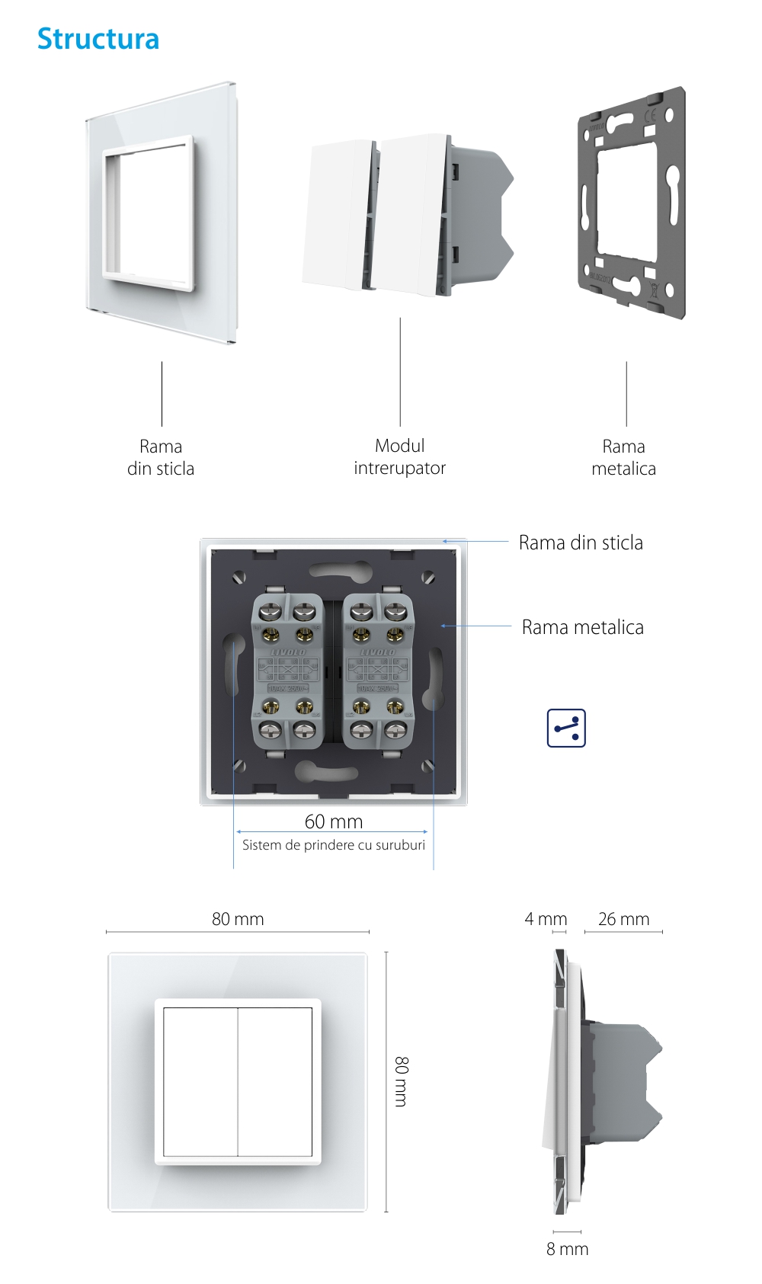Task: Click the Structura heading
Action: point(98,39)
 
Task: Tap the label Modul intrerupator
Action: point(399,456)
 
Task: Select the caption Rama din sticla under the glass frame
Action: point(161,457)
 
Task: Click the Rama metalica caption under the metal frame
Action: point(623,457)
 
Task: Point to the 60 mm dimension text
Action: point(334,821)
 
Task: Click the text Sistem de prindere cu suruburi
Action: point(334,845)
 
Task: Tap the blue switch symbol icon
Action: point(566,728)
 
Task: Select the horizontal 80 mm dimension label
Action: point(238,919)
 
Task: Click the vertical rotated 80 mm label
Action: point(402,1081)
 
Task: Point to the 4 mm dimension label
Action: point(546,919)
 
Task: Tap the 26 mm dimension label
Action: point(623,919)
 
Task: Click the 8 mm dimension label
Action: point(567,1249)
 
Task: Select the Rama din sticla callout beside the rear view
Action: point(581,543)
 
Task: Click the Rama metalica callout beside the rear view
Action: point(583,627)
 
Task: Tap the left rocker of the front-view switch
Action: point(200,1081)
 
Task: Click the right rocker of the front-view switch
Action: point(275,1081)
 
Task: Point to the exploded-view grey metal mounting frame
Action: point(631,202)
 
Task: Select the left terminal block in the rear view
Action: point(287,671)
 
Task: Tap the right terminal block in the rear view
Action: point(378,671)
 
